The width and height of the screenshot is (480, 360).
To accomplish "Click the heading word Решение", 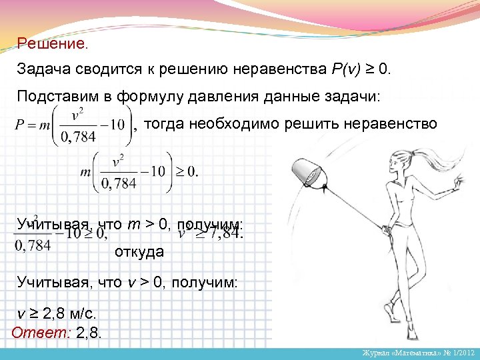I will coord(51,44).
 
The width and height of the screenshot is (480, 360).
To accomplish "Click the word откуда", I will coord(139,252).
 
